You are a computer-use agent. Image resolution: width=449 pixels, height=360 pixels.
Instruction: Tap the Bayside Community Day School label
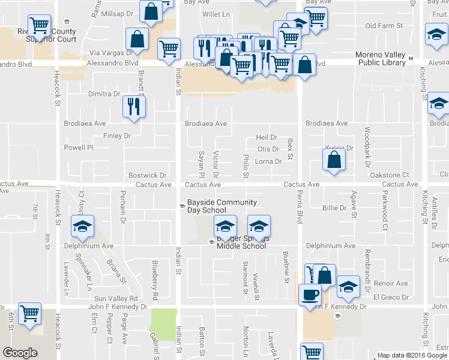[x=221, y=206]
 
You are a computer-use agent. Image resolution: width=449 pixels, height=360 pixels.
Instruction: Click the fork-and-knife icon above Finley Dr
[x=134, y=107]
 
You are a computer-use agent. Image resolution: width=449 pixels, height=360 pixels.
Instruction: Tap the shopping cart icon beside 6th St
[x=29, y=313]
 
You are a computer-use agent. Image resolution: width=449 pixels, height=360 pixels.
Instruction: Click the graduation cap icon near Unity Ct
[x=82, y=226]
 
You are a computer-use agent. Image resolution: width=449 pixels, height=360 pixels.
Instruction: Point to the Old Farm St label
[x=382, y=26]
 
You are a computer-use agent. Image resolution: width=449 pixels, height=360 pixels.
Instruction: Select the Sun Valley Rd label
[x=116, y=298]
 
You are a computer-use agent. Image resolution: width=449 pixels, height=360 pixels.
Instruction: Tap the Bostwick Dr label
[x=143, y=175]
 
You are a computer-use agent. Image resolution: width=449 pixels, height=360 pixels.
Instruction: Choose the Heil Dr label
[x=266, y=137]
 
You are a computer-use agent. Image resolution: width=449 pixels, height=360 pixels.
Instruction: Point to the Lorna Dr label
[x=268, y=161]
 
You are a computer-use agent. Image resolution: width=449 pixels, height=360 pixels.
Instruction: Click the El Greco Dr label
[x=390, y=297]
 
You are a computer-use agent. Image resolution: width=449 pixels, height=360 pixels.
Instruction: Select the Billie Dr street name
[x=334, y=208]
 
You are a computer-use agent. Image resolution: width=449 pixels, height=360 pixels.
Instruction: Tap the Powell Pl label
[x=79, y=147]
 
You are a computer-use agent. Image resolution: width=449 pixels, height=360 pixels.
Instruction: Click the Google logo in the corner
[x=20, y=353]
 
